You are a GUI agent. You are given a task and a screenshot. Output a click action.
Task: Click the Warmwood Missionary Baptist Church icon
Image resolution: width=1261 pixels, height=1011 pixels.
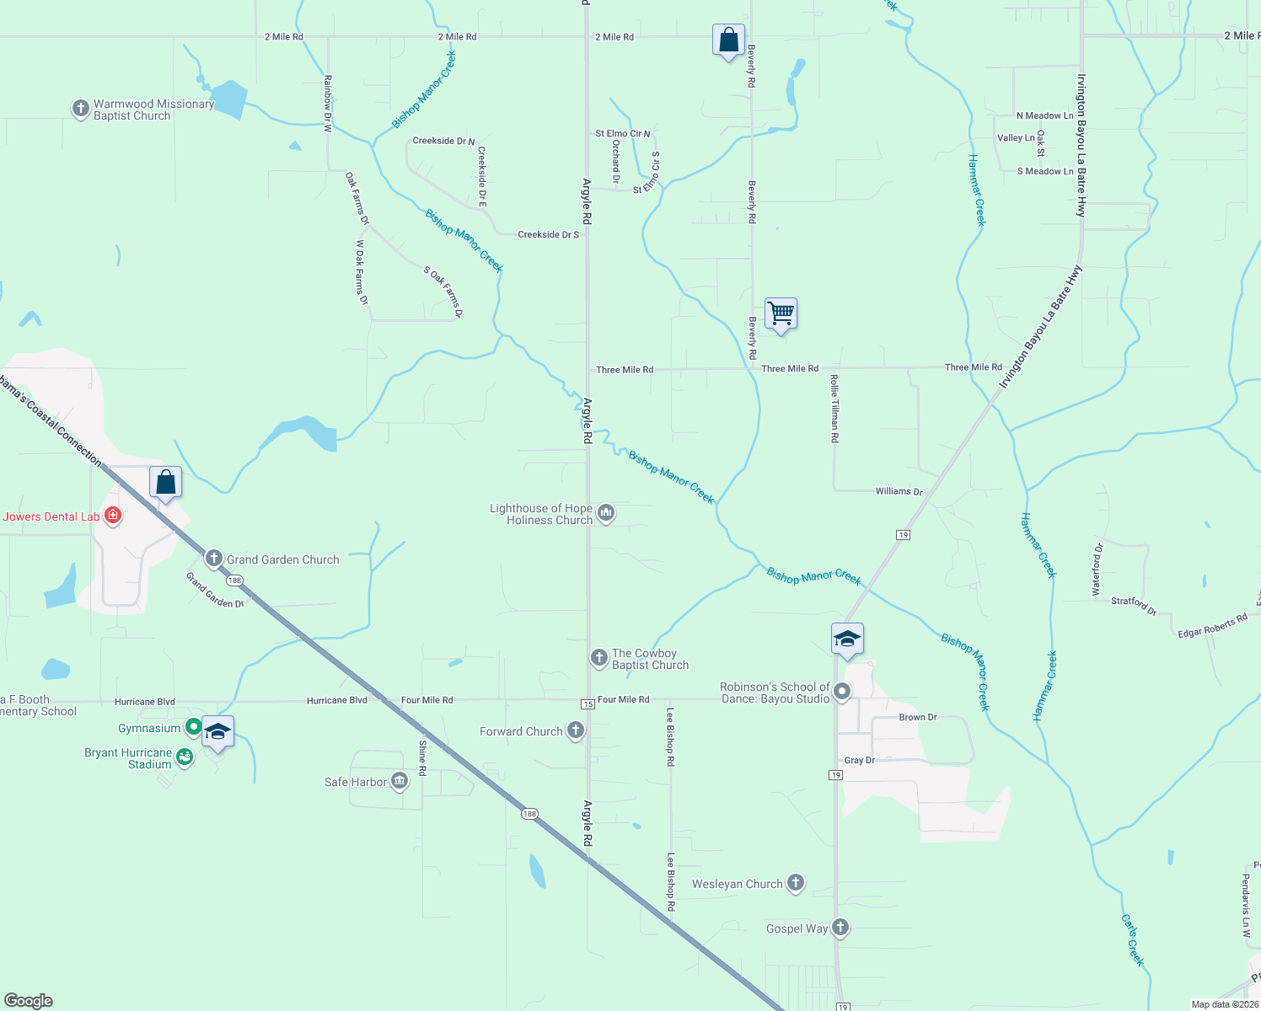[x=81, y=109]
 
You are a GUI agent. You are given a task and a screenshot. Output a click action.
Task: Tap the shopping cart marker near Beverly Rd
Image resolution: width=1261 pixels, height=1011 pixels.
[x=781, y=314]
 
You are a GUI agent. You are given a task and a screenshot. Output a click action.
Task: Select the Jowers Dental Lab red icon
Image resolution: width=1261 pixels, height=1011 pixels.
[x=112, y=516]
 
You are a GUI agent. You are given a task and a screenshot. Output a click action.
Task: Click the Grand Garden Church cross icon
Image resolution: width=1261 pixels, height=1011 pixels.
[x=214, y=559]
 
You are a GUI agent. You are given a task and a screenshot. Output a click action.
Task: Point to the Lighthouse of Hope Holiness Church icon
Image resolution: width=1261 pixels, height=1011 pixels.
[x=605, y=513]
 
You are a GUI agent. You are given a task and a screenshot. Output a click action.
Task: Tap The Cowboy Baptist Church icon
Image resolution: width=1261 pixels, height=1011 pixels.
[x=599, y=658]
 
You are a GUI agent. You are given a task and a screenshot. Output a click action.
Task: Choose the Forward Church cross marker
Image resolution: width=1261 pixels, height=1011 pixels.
[x=576, y=730]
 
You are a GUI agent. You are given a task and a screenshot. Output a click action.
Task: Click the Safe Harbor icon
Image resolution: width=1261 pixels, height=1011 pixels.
[x=400, y=781]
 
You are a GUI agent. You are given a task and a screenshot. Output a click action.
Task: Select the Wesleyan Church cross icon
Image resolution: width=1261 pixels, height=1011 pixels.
[x=795, y=883]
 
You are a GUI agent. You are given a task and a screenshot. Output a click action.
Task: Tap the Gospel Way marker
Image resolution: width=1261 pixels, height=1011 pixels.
[x=840, y=928]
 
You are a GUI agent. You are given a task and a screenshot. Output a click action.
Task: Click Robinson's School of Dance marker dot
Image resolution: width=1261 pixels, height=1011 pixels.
[x=841, y=693]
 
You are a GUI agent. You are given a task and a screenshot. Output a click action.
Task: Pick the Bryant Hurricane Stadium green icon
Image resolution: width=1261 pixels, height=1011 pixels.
[x=184, y=757]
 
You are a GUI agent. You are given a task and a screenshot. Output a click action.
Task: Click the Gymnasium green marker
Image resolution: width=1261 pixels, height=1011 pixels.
[x=193, y=727]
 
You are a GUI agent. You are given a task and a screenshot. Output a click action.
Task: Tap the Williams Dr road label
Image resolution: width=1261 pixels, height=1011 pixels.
[x=899, y=491]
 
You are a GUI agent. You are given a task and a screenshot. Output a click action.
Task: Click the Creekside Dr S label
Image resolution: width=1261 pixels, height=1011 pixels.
[x=548, y=235]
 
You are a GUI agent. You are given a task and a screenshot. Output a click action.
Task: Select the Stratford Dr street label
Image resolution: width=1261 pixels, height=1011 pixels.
[x=1134, y=604]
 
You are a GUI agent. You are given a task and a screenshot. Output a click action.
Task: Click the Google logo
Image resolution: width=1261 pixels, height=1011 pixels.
[x=29, y=1001]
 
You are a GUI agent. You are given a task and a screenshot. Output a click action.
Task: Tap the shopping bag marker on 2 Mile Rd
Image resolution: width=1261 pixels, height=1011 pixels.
[x=728, y=40]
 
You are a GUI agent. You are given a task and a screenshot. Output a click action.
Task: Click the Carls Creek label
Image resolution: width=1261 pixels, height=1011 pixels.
[x=1133, y=939]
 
